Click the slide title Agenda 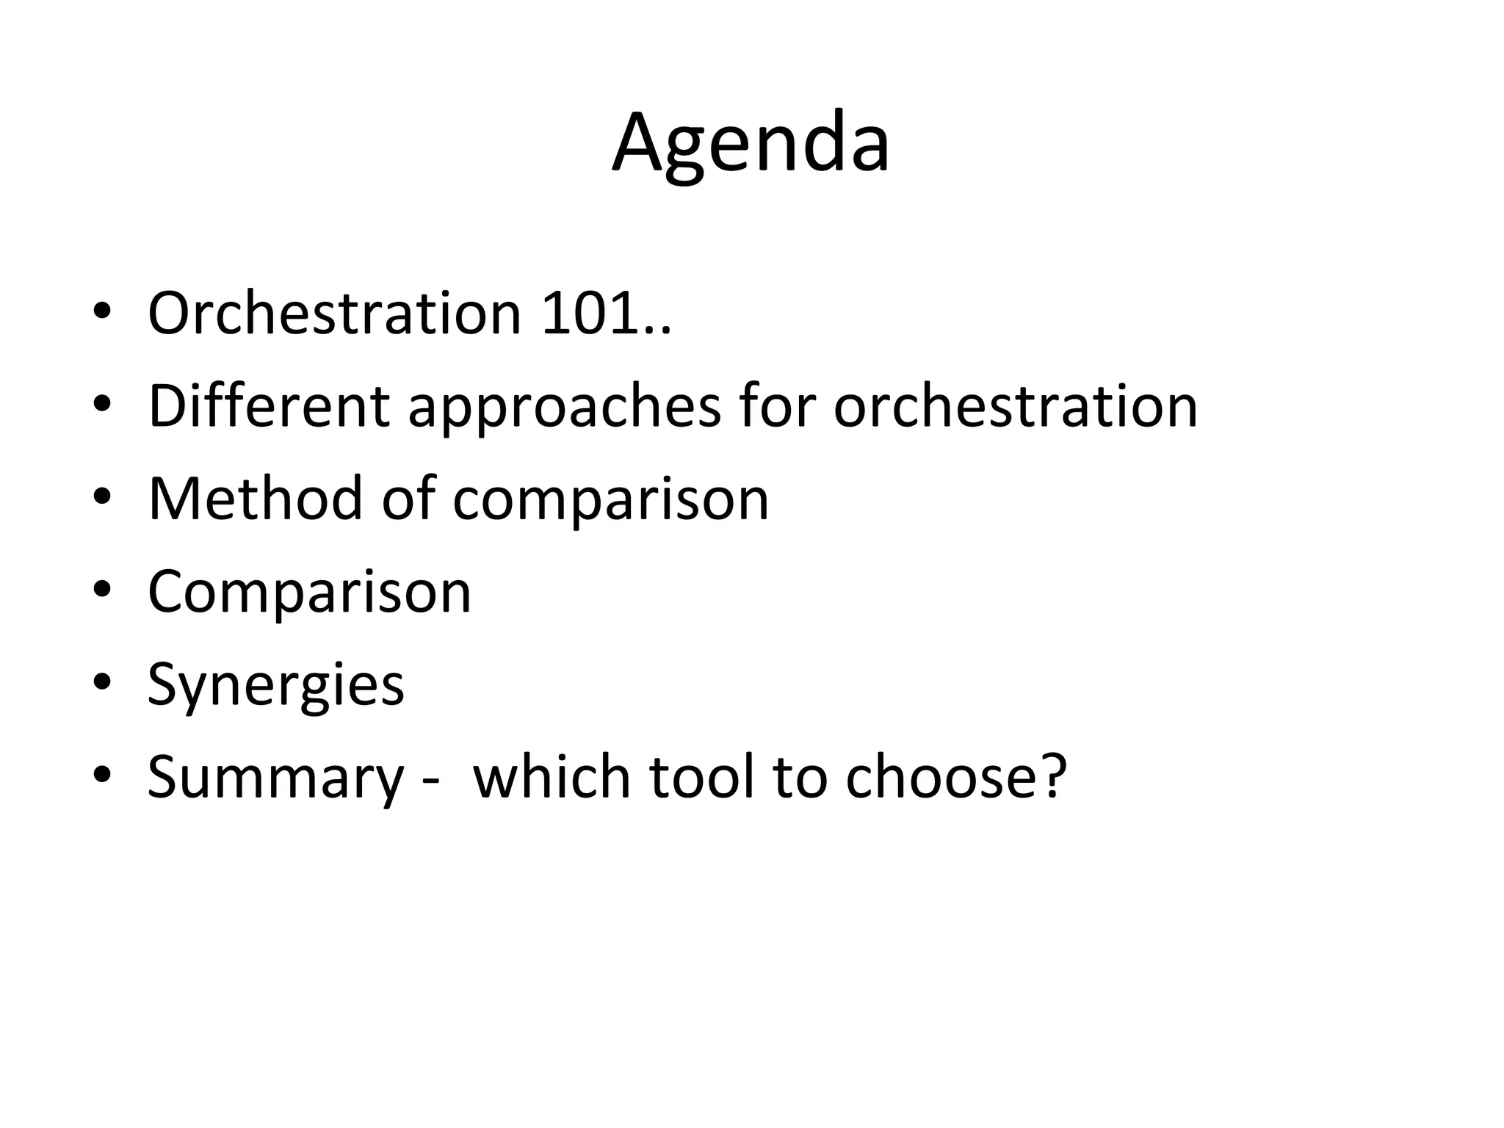[751, 143]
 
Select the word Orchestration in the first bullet [334, 314]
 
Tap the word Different [268, 406]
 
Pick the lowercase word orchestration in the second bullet [1015, 406]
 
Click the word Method [256, 499]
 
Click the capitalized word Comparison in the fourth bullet [309, 593]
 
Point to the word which [552, 777]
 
